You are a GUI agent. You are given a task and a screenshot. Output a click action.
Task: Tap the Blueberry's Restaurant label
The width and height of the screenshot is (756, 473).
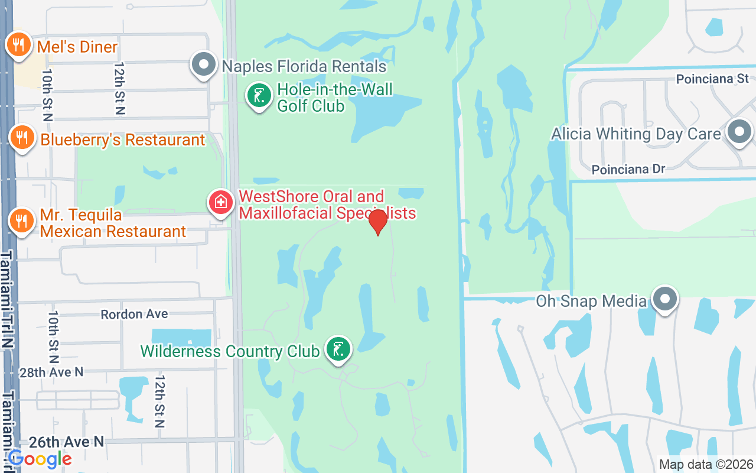click(122, 140)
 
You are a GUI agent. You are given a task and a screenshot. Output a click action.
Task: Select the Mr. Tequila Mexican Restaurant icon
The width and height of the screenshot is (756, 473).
click(21, 221)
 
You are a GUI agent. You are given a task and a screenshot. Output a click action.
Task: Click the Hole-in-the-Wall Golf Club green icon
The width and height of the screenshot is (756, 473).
click(259, 96)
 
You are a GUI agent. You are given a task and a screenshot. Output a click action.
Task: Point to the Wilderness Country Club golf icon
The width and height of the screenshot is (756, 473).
click(338, 349)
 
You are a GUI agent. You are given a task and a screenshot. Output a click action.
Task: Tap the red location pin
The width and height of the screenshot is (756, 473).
click(377, 222)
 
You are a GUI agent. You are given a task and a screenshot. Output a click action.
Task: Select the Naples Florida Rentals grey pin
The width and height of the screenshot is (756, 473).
click(204, 64)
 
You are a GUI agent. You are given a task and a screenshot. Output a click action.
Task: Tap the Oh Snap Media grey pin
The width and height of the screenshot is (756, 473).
click(665, 300)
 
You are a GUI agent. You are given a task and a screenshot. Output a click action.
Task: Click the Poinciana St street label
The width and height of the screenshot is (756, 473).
click(712, 79)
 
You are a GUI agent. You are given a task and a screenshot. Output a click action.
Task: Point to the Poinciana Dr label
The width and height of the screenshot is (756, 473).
click(628, 170)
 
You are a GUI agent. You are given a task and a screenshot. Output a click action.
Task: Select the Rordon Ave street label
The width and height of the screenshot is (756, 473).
click(134, 314)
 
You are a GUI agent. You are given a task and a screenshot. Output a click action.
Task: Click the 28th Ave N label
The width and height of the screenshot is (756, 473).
click(51, 372)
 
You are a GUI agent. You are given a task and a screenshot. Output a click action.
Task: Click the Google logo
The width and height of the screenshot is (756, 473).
click(40, 459)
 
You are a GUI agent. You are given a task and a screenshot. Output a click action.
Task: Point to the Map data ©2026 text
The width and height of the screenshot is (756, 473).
click(706, 465)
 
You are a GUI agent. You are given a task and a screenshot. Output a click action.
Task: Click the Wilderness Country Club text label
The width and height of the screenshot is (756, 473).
click(230, 351)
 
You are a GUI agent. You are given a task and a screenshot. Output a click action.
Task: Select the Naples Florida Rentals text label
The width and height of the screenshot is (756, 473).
click(304, 66)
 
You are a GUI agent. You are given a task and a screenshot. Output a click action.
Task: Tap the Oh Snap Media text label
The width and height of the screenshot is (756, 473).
click(591, 301)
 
